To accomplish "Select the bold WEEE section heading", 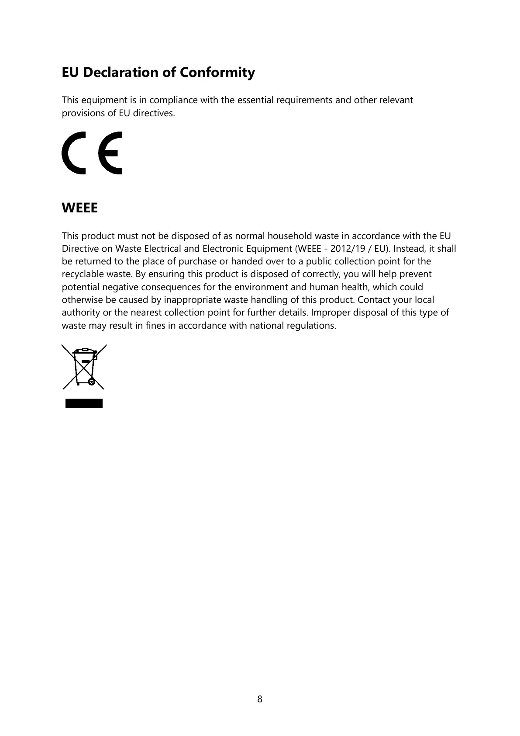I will [79, 208].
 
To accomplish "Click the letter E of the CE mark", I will [110, 153].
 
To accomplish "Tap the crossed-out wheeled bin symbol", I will [84, 367].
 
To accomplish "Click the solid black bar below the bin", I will [84, 403].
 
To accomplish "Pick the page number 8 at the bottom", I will [260, 699].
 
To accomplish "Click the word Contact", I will [374, 300].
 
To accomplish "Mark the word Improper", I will [330, 312].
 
